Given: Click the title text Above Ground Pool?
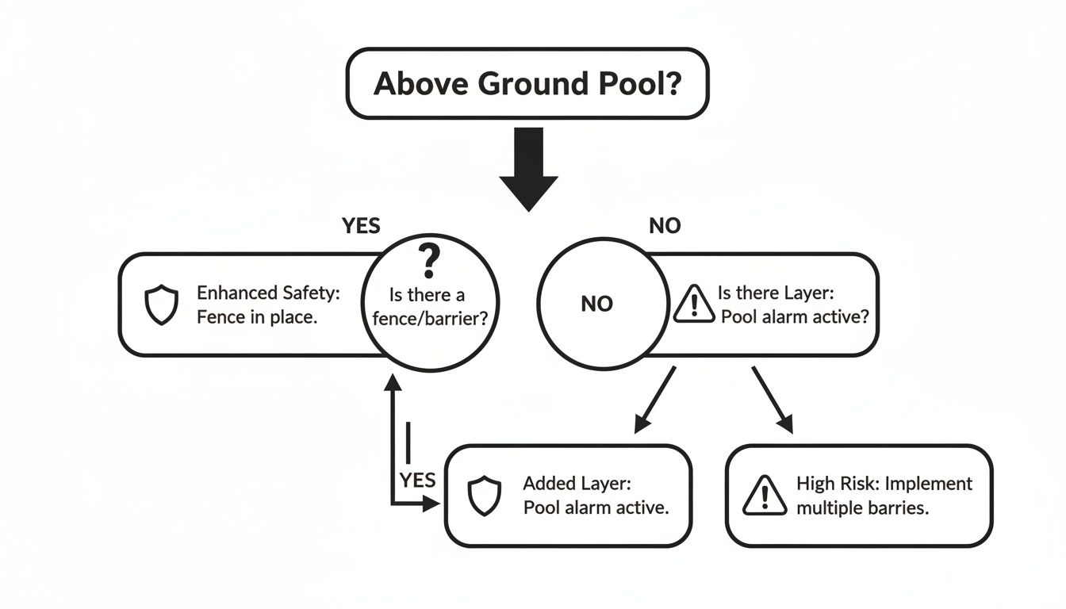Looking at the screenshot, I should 527,83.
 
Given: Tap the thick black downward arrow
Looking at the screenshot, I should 527,168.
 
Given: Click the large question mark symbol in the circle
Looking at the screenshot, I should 428,260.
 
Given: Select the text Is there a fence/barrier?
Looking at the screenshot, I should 428,307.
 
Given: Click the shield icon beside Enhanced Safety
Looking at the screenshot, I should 161,305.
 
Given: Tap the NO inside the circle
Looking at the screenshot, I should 596,304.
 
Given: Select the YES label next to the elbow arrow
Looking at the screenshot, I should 417,481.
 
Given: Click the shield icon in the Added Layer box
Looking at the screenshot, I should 484,496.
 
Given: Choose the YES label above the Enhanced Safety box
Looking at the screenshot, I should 361,226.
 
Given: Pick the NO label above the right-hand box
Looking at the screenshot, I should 665,226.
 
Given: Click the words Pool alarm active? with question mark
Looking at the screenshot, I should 795,316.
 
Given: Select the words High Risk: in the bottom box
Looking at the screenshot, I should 836,483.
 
